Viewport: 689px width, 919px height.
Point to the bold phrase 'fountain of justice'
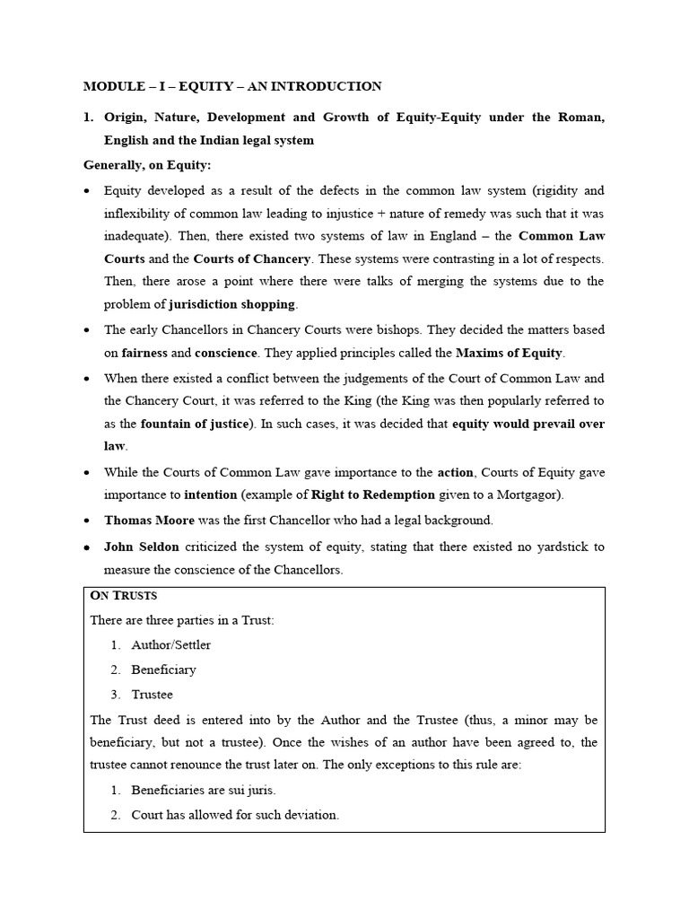pos(193,424)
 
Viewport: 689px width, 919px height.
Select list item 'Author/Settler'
pos(171,644)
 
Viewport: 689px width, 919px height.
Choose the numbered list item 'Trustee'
pos(152,695)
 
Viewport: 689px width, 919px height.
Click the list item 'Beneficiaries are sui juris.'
pos(204,790)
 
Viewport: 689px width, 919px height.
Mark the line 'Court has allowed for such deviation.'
pos(235,815)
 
